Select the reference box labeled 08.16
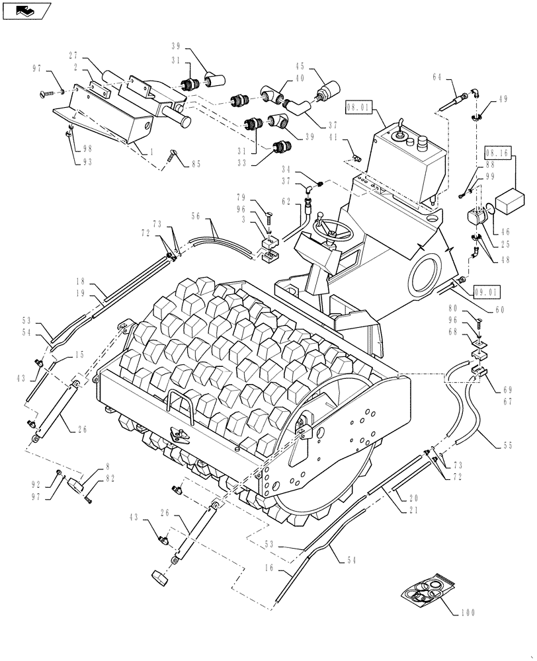[x=498, y=153]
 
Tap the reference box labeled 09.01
[x=487, y=290]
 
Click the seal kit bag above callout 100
[x=428, y=588]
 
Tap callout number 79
[x=241, y=196]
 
